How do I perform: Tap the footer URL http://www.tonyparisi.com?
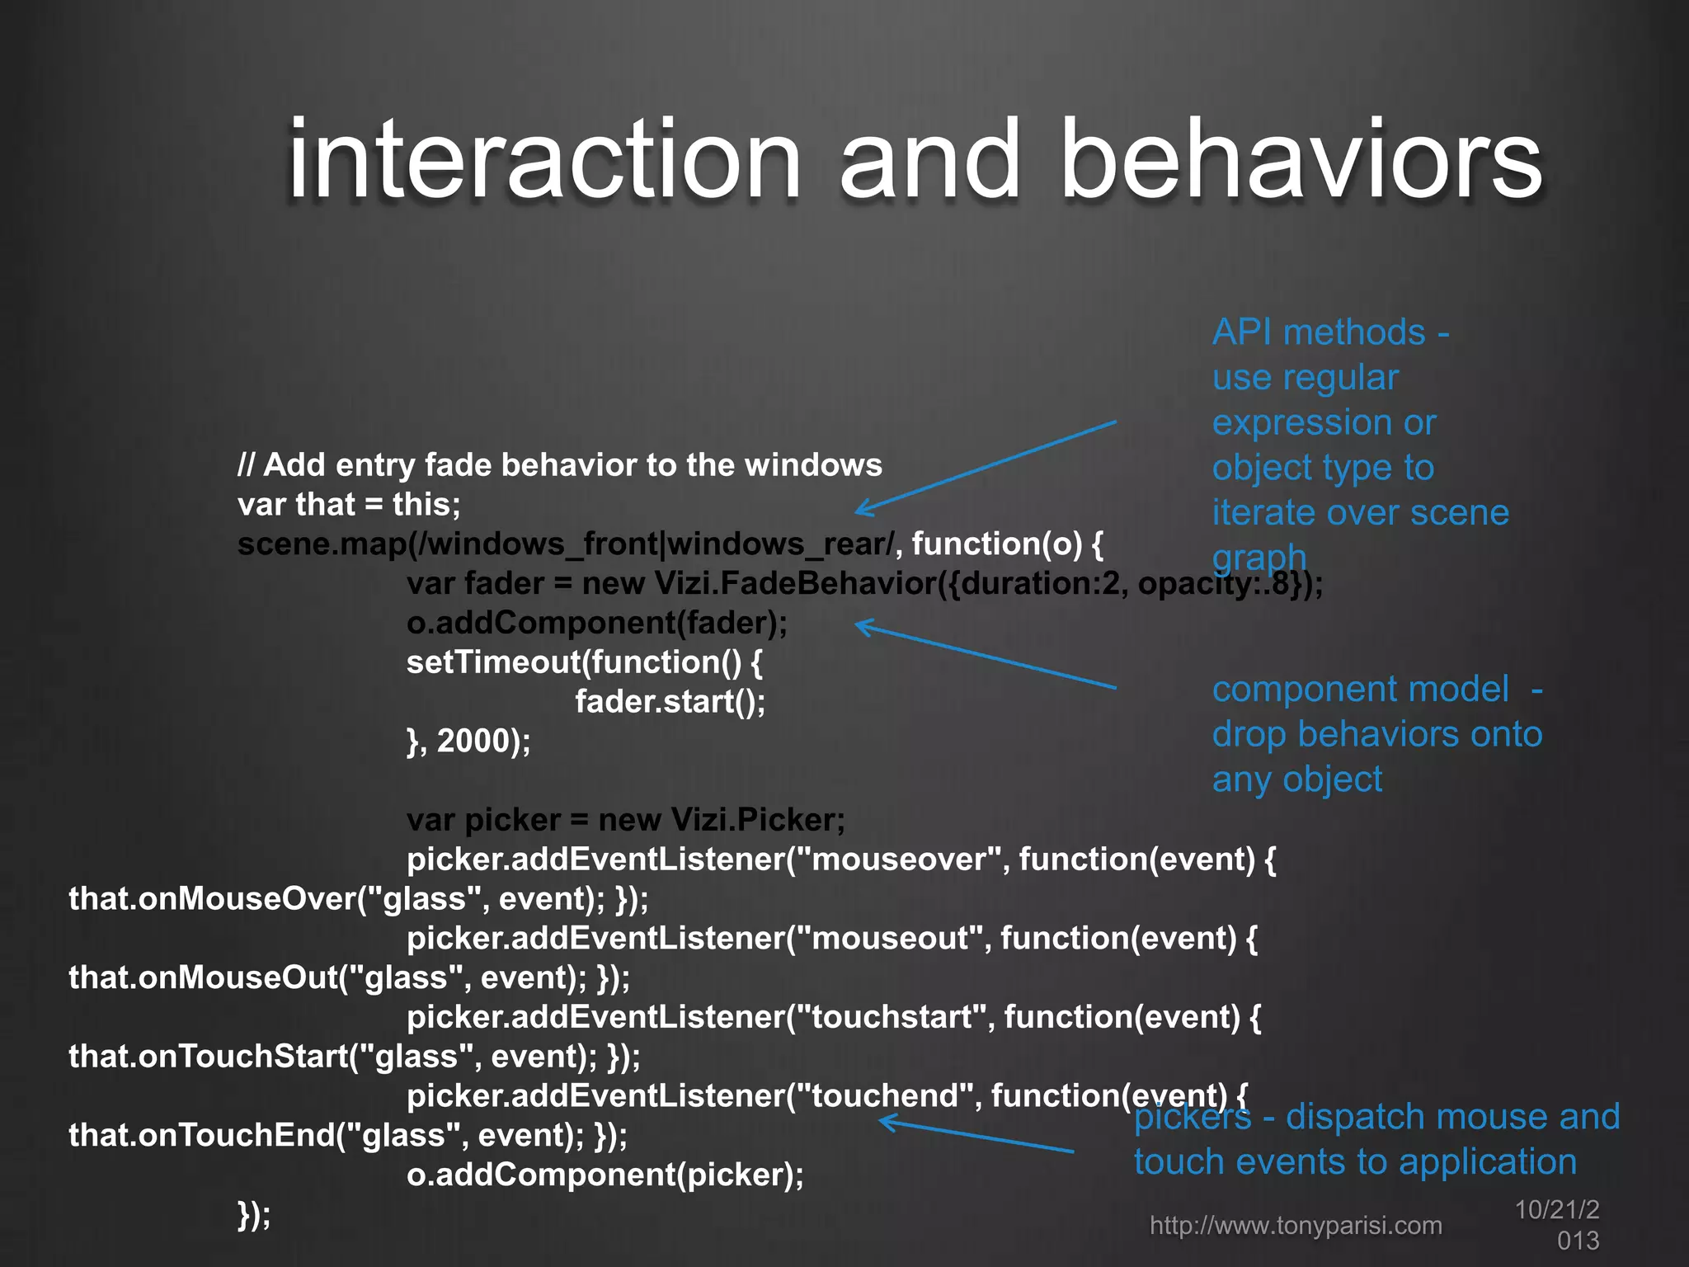point(1296,1226)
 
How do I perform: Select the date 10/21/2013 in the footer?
point(1558,1225)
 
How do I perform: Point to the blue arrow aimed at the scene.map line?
point(986,467)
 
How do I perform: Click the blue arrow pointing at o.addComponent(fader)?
point(986,655)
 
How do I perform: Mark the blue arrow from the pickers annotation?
point(977,1136)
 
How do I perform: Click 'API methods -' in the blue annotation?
point(1330,332)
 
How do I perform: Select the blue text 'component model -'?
point(1376,689)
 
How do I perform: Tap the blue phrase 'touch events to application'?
point(1355,1162)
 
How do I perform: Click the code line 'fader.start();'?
point(670,702)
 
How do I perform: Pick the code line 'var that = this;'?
point(349,505)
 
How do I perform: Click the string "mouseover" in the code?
point(900,860)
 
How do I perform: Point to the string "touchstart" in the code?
point(896,1017)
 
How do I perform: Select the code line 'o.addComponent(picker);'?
point(605,1175)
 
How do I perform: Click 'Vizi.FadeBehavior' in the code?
point(795,584)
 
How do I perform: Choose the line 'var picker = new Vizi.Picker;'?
point(625,820)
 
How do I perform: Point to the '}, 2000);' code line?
point(468,741)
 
